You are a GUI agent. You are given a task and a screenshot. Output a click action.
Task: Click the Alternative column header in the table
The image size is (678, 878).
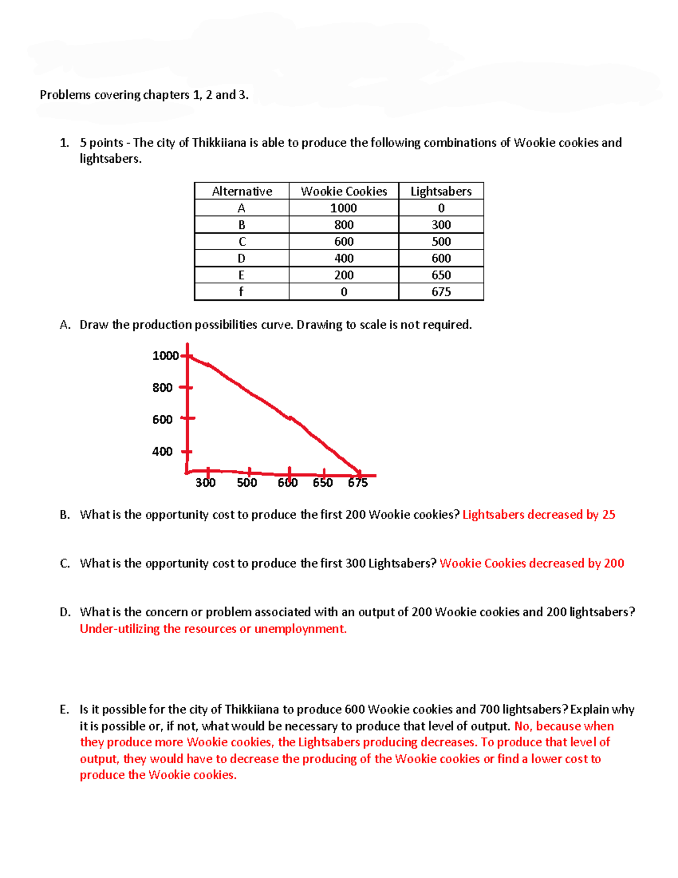pos(242,191)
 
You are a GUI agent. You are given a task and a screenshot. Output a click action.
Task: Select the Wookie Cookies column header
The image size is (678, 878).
pos(344,191)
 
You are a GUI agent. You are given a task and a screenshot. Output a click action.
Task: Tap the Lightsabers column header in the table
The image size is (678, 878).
pos(441,191)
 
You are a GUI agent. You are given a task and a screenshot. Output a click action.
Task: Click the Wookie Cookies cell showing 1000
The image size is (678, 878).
pos(344,208)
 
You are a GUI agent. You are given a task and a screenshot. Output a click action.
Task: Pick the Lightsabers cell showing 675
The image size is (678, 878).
pos(441,292)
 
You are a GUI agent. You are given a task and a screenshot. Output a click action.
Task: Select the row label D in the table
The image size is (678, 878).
pos(241,258)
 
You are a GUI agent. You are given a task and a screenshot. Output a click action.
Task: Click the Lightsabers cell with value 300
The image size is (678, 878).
pos(441,225)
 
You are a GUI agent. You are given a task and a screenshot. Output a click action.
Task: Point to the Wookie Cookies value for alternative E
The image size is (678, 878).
pos(344,275)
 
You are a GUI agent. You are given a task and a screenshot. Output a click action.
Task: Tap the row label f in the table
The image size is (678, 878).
pos(241,292)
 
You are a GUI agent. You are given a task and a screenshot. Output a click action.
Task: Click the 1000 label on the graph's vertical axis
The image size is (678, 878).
pos(165,356)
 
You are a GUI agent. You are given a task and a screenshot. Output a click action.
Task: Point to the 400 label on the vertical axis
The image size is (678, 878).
pos(162,452)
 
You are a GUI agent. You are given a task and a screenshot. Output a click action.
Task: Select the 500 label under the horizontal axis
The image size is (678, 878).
pos(247,483)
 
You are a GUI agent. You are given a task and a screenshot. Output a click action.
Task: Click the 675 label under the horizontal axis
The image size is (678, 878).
pos(358,483)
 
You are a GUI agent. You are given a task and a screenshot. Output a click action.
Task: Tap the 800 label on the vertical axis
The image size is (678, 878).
pos(162,388)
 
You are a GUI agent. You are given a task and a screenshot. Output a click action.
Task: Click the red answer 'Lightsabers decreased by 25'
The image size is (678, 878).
pos(538,514)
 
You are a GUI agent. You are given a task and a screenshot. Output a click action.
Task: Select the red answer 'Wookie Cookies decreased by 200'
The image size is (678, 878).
pos(532,563)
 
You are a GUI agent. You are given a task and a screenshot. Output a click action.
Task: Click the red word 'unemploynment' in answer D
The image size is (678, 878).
pos(300,629)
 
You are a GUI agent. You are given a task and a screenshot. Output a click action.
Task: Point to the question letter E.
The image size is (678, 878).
pos(64,710)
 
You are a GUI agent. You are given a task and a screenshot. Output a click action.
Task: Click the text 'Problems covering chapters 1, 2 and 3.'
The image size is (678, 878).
pos(144,95)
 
